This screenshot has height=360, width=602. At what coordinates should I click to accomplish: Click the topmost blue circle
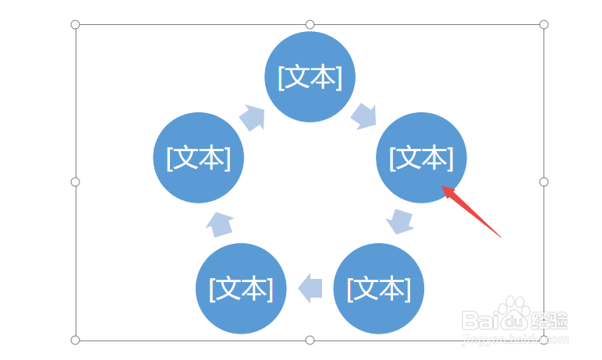[310, 76]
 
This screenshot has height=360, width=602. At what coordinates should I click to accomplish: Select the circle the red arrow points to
[421, 157]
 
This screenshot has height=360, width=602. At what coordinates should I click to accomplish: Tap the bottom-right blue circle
[378, 288]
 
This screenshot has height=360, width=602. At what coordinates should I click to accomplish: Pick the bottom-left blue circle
[241, 288]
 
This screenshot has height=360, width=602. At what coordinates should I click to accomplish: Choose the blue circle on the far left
[199, 157]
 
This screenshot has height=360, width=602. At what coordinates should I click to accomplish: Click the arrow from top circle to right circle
[363, 116]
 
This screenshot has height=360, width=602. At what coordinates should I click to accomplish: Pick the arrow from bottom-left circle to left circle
[220, 224]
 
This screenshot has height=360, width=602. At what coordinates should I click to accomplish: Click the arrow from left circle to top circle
[252, 118]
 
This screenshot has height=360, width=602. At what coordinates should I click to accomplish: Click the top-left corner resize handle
[76, 24]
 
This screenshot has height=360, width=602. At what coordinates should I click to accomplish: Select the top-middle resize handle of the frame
[310, 24]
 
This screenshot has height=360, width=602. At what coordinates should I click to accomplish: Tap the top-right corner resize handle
[544, 24]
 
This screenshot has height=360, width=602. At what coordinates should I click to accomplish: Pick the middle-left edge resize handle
[76, 182]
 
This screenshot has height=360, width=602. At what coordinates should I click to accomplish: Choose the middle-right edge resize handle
[544, 182]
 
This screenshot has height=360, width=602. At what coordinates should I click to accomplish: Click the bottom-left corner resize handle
[76, 340]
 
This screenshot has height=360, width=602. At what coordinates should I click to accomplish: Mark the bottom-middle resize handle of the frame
[310, 340]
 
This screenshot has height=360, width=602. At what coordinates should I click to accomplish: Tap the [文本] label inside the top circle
[310, 77]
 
